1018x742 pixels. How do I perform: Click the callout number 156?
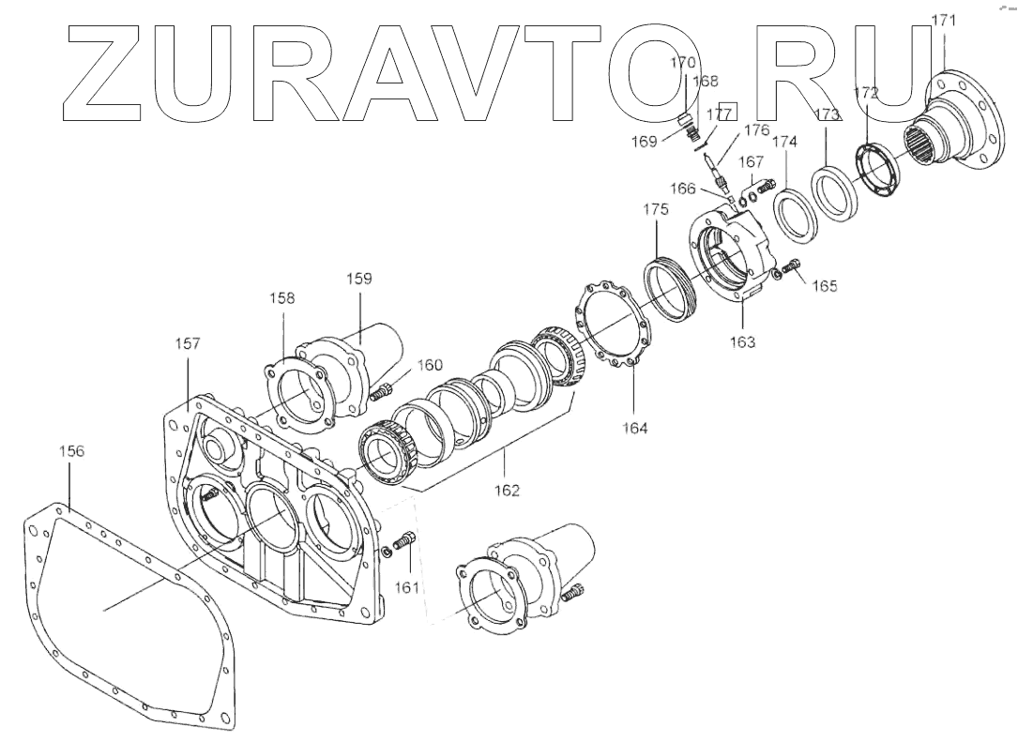[x=71, y=451]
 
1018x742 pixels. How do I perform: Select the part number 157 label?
[x=187, y=344]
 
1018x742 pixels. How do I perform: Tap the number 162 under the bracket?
[x=508, y=490]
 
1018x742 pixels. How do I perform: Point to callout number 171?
[x=943, y=20]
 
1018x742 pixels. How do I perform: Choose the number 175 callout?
[x=655, y=209]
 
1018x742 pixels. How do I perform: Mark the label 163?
[x=742, y=341]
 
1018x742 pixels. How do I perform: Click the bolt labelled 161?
[x=406, y=541]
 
